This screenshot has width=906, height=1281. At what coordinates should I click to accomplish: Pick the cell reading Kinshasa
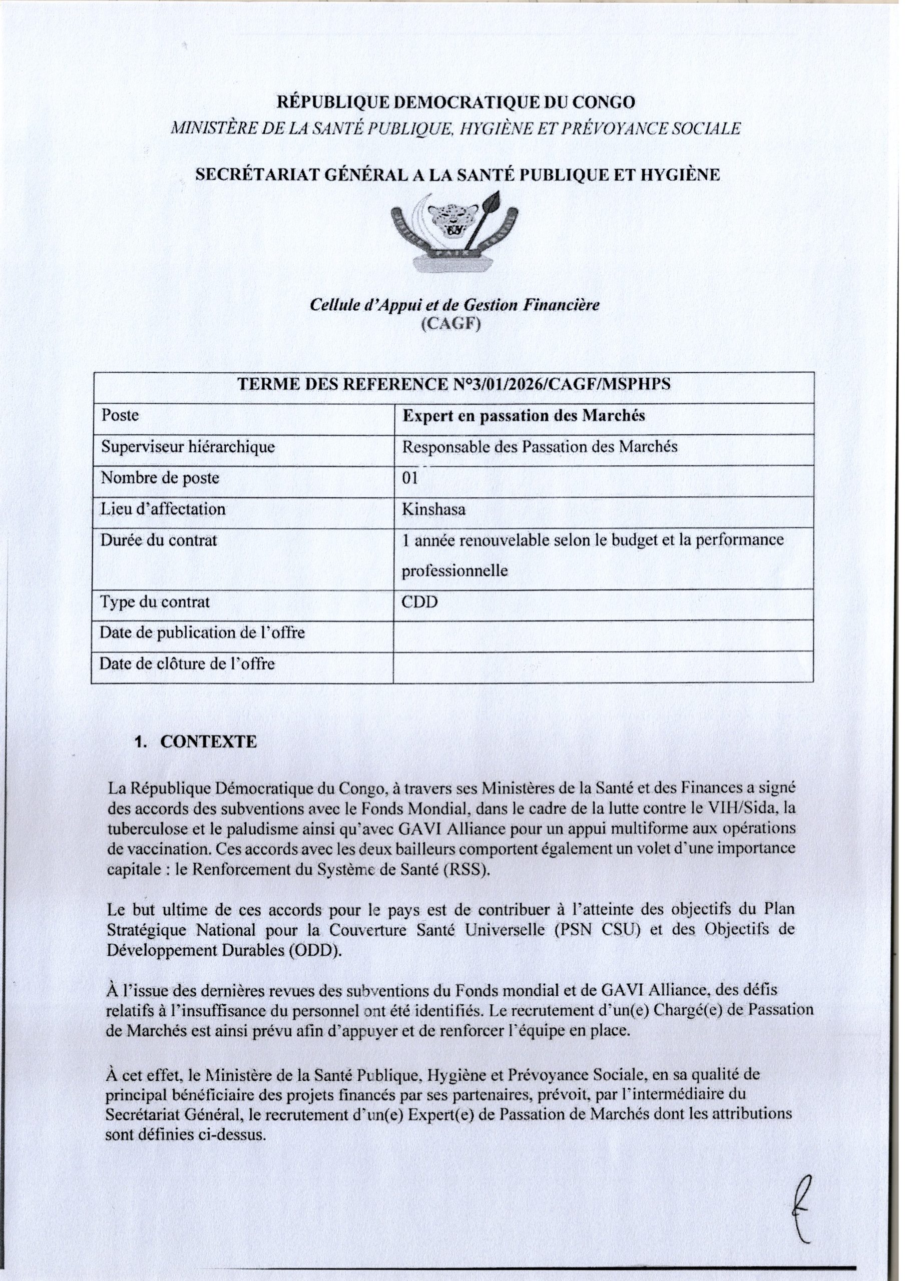pyautogui.click(x=434, y=510)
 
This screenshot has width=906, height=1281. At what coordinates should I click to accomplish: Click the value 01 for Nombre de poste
pyautogui.click(x=410, y=479)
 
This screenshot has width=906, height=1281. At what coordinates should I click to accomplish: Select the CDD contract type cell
pyautogui.click(x=420, y=602)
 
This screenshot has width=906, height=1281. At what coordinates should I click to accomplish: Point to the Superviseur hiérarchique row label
pyautogui.click(x=188, y=447)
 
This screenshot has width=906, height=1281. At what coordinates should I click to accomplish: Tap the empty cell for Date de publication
pyautogui.click(x=603, y=634)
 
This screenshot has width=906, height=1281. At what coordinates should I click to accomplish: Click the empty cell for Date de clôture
pyautogui.click(x=603, y=665)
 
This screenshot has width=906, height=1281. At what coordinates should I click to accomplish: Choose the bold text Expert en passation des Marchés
pyautogui.click(x=524, y=416)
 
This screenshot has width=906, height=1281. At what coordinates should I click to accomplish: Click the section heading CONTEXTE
pyautogui.click(x=208, y=742)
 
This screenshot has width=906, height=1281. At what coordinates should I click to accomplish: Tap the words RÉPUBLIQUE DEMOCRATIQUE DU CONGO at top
pyautogui.click(x=456, y=103)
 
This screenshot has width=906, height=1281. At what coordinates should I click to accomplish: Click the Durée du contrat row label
pyautogui.click(x=159, y=540)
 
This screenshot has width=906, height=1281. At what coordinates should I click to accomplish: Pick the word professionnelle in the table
pyautogui.click(x=455, y=571)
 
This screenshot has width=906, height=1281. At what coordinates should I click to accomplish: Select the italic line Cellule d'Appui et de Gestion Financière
pyautogui.click(x=455, y=305)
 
